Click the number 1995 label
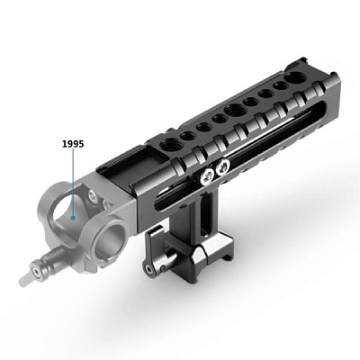point(73,144)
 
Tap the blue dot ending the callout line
point(73,218)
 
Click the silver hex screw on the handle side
point(207,177)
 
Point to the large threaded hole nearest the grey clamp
point(168,146)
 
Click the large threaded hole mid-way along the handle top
point(234,112)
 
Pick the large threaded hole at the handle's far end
point(292,78)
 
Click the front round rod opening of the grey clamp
point(112,236)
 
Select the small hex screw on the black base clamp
point(148,268)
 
